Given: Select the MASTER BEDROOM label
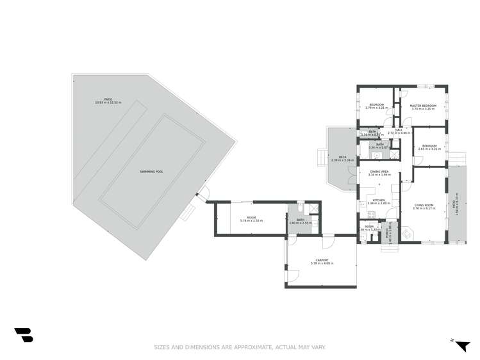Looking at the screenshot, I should click(x=423, y=106).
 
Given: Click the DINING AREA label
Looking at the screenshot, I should click(x=381, y=172).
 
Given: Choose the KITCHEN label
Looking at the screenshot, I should click(x=378, y=200).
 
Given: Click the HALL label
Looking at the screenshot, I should click(x=399, y=130).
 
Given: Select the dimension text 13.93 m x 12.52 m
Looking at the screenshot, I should click(x=108, y=102).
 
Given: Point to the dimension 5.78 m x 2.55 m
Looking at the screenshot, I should click(x=251, y=220).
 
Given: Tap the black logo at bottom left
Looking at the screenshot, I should click(x=24, y=334).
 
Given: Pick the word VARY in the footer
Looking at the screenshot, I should click(x=319, y=347).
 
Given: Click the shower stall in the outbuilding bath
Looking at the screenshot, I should click(x=313, y=208).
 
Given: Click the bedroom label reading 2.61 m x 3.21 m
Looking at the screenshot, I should click(x=427, y=147).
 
